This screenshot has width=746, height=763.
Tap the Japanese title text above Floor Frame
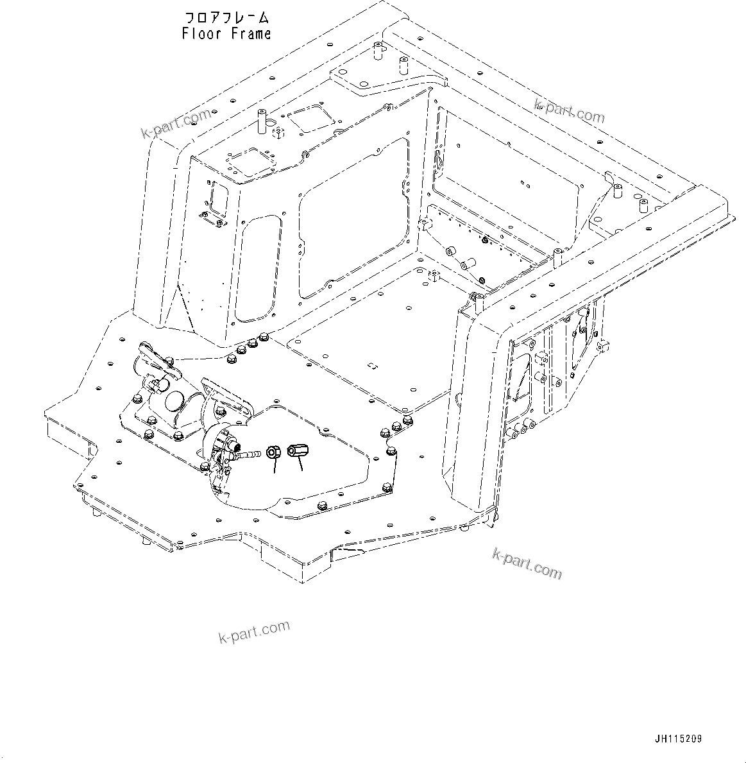coord(226,17)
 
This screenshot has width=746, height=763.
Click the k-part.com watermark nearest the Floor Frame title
coord(176,124)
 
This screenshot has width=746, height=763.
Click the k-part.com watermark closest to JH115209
coord(527,563)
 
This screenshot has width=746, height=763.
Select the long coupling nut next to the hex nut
coord(298,452)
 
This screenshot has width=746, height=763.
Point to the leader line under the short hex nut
coord(275,467)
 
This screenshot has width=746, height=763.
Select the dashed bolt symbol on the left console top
coord(278,133)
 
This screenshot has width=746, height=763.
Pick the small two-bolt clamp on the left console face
coord(213,219)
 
